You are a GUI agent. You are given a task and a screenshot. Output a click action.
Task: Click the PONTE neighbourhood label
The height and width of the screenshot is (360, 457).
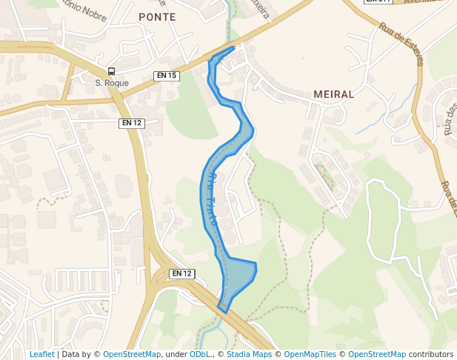157,17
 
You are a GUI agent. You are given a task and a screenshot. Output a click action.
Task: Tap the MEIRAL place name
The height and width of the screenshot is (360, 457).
334,95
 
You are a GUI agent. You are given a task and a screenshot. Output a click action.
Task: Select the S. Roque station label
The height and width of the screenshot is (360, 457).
112,83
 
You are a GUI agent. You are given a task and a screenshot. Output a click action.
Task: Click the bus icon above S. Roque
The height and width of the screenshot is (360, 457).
111,71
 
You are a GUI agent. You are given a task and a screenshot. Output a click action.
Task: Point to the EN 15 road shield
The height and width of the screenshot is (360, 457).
167,76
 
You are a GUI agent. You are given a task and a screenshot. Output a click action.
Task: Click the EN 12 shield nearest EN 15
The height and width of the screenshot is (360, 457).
131,123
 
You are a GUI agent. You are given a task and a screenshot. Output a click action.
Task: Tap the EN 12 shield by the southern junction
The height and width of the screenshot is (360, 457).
181,273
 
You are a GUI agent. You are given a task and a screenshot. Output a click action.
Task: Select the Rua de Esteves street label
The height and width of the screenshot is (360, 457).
400,44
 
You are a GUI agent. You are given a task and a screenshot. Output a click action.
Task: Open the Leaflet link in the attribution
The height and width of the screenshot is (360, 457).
41,354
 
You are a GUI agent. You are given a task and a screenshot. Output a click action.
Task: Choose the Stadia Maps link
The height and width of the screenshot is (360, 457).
251,354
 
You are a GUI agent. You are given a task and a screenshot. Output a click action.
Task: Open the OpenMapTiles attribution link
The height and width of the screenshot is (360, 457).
311,354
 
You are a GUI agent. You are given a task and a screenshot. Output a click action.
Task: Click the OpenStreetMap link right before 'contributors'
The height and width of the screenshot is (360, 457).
377,354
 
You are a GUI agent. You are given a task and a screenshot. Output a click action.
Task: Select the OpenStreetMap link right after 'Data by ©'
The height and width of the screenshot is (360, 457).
132,354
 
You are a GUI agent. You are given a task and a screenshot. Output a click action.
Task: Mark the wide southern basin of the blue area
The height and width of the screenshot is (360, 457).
238,277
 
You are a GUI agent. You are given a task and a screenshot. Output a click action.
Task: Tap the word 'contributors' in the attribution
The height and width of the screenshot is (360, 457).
430,354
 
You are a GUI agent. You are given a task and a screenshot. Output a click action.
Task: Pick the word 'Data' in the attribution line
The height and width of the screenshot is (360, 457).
70,354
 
